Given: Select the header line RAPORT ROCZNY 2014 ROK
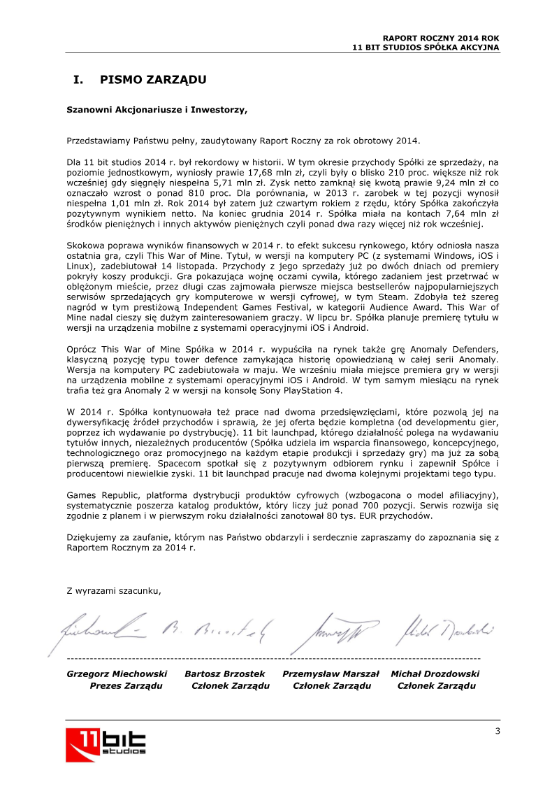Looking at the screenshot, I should pos(441,38).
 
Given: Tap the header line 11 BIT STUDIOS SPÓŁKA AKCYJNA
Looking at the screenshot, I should pos(426,47).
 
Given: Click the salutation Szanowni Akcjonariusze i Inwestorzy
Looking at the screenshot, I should pos(157,109).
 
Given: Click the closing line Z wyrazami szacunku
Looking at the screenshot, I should pos(113,590).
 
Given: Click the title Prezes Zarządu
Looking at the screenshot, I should pos(126,685).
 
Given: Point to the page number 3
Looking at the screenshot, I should pos(497,732).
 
